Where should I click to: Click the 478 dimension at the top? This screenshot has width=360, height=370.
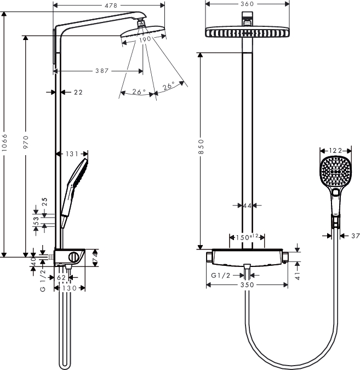pyautogui.click(x=109, y=5)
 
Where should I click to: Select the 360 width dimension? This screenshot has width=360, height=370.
pyautogui.click(x=247, y=4)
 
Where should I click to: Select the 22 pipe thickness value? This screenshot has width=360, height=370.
pyautogui.click(x=78, y=92)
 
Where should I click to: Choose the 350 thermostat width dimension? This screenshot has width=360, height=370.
pyautogui.click(x=247, y=285)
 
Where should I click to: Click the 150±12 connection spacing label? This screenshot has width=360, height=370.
pyautogui.click(x=247, y=238)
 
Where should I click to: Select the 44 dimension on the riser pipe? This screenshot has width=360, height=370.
pyautogui.click(x=247, y=206)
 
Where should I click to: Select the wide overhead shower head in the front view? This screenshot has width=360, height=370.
pyautogui.click(x=247, y=32)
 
